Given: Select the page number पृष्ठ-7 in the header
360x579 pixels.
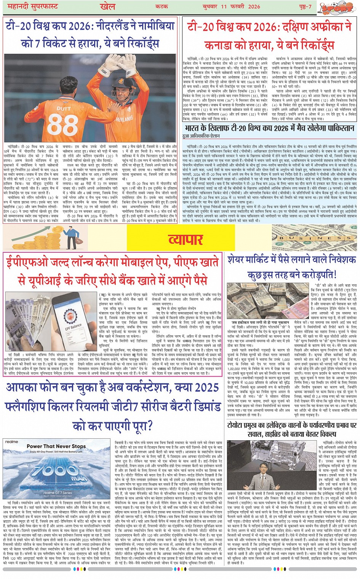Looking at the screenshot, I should pos(304,7).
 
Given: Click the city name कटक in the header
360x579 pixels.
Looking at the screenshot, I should pos(163,7).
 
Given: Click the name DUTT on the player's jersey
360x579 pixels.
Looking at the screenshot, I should pos(64,108).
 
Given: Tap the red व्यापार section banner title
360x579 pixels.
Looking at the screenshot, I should pos(185,239).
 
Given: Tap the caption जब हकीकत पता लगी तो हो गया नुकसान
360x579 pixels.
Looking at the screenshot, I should pos(260,322).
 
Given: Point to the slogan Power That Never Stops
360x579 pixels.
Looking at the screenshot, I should pos(56,446).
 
